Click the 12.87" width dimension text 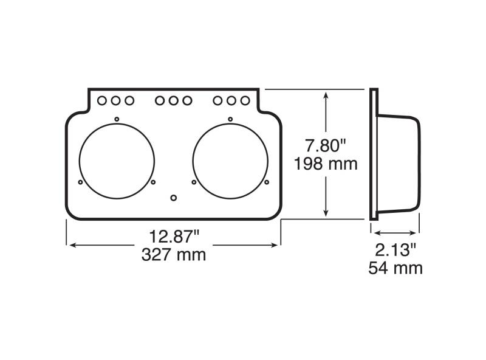[174, 237]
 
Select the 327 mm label [174, 255]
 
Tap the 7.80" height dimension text [326, 145]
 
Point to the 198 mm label [326, 164]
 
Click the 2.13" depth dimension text [395, 250]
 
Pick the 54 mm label [395, 268]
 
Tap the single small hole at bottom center [174, 198]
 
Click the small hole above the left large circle [117, 119]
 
